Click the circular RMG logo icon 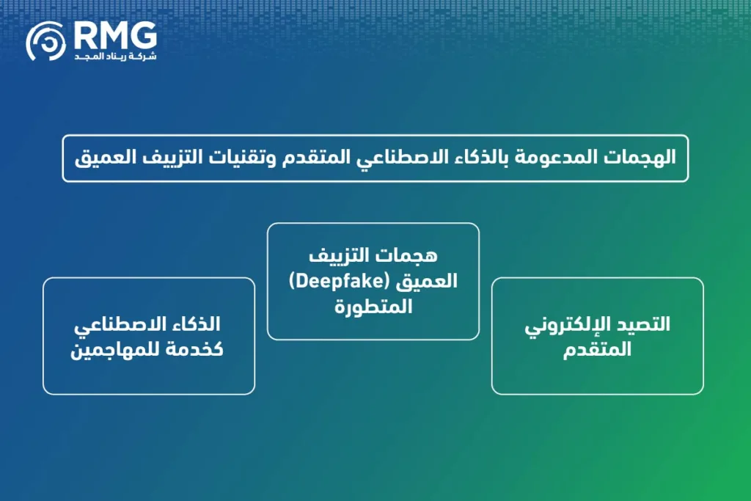click(x=46, y=41)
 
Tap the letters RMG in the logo click(x=115, y=34)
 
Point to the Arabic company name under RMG click(x=115, y=56)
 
